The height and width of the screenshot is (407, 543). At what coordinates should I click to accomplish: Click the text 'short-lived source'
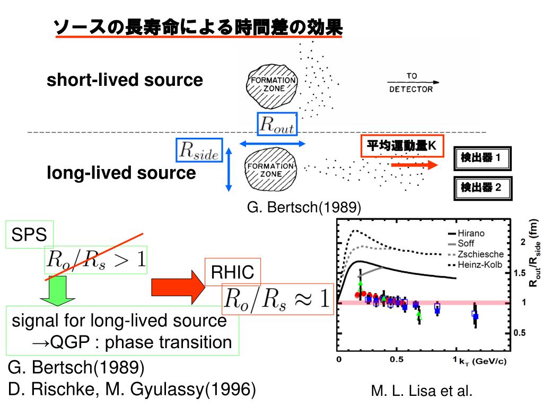[x=125, y=81]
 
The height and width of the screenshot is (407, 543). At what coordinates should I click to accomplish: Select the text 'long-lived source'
[x=121, y=173]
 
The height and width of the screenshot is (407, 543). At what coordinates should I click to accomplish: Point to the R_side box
[x=199, y=150]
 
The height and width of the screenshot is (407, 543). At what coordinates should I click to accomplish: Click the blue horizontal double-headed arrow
[x=273, y=143]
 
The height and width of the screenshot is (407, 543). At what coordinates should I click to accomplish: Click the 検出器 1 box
[x=484, y=158]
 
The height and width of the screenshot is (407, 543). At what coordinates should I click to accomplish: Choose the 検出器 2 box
[x=484, y=187]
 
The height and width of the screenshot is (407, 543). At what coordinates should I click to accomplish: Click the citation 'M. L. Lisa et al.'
[x=422, y=392]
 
